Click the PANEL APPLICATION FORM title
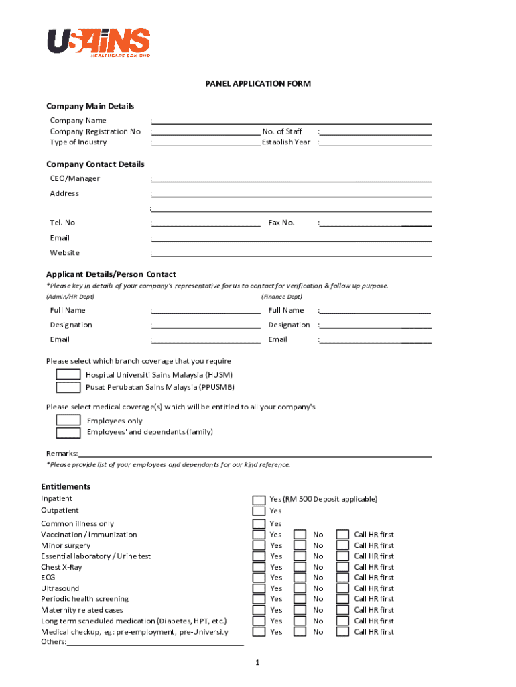tap(257, 84)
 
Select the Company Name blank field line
tap(292, 121)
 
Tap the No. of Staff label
tap(282, 131)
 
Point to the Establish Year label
tap(286, 142)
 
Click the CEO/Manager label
tap(74, 178)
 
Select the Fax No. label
tap(281, 223)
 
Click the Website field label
tap(64, 253)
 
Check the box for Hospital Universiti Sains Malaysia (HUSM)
tap(68, 375)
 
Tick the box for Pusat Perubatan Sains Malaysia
tap(68, 387)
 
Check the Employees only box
tap(68, 421)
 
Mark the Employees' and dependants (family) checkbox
tap(68, 432)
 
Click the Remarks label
tap(62, 454)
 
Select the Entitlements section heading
tap(66, 486)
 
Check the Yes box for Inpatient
tap(259, 500)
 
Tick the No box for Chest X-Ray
tap(301, 567)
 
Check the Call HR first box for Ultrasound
tap(342, 588)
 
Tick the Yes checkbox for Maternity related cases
tap(259, 610)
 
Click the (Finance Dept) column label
tap(281, 297)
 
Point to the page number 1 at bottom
tap(257, 663)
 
